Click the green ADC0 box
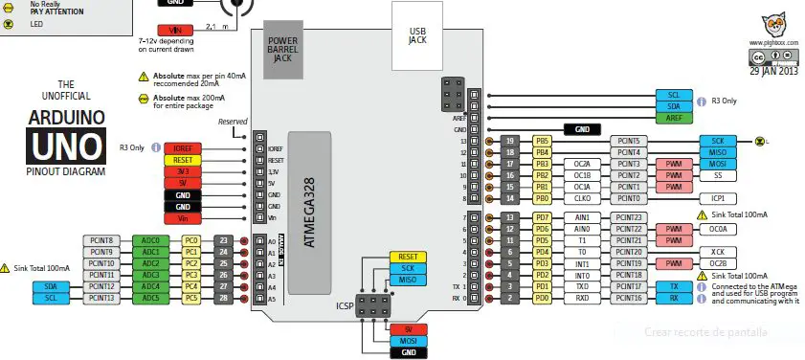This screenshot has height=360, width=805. [x=150, y=240]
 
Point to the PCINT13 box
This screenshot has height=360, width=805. [x=102, y=298]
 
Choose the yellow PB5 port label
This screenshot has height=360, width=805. [x=543, y=141]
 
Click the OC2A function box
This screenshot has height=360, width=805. [x=582, y=164]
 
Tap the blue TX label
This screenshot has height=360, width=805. [x=675, y=286]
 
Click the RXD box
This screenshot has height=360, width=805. [x=582, y=298]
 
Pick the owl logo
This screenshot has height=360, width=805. [x=775, y=27]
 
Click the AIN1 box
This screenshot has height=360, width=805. [x=582, y=217]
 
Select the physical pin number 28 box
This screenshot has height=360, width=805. [x=222, y=298]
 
